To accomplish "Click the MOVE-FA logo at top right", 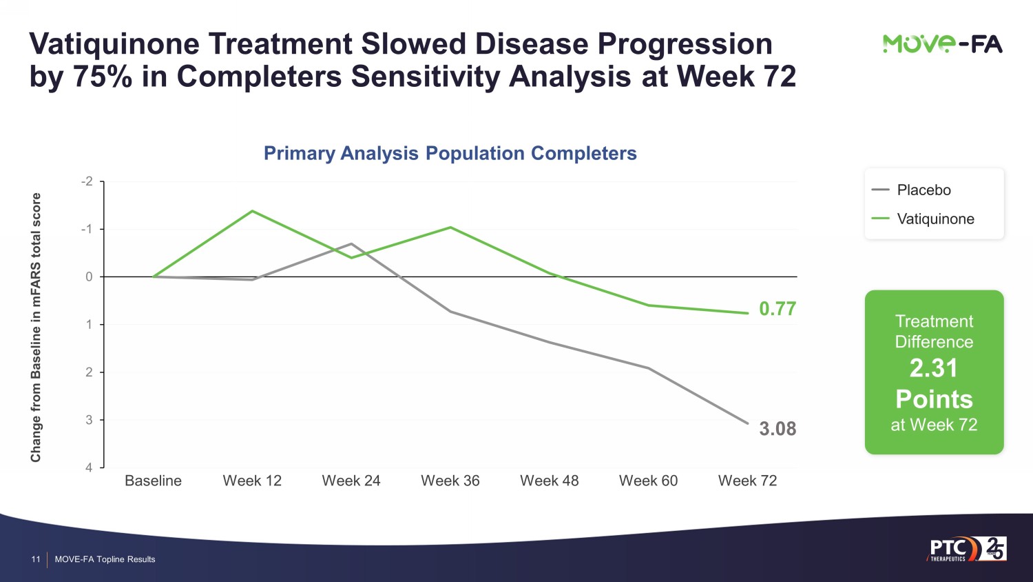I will (942, 44).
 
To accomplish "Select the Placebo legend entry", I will (924, 190).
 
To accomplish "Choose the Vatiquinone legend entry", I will (935, 219).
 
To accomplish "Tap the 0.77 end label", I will (778, 309).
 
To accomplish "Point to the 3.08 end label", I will (778, 429).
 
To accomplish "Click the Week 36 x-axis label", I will (450, 481).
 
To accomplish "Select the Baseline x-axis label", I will (153, 481).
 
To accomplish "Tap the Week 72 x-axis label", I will (747, 481).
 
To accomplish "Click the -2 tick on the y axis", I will (87, 181).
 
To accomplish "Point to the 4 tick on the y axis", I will (89, 468).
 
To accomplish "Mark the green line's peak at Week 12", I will (252, 211).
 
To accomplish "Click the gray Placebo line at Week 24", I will (351, 243).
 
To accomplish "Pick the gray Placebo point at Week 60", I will (648, 368).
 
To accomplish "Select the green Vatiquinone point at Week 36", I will (450, 227).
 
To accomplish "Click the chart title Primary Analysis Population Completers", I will (450, 153).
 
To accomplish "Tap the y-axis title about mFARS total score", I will (36, 328).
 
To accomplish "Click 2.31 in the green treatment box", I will (934, 368).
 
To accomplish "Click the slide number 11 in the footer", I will (36, 559).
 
